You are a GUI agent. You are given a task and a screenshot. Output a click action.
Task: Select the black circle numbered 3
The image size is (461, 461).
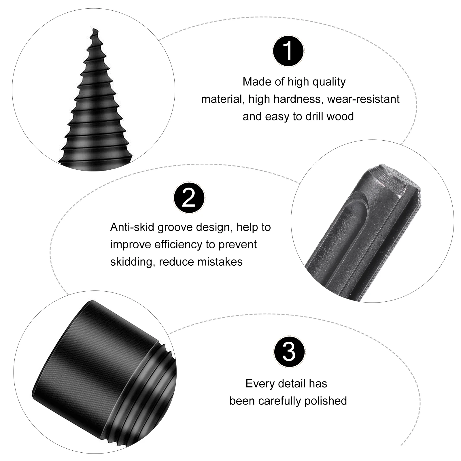[289, 352]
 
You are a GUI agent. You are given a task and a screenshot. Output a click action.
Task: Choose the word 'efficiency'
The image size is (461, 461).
[179, 245]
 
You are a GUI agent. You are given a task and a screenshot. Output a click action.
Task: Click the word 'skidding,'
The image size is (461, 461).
[133, 262]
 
